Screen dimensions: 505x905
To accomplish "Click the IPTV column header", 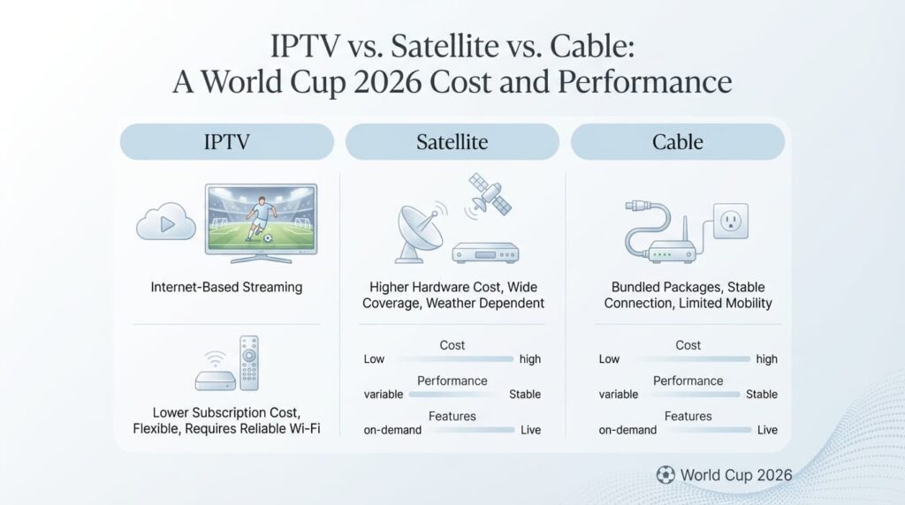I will [226, 142].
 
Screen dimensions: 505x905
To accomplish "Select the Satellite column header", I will [452, 142].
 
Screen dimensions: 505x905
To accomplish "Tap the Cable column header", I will [678, 142].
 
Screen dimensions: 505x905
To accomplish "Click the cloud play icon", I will [165, 222].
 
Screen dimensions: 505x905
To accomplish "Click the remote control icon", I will [249, 362].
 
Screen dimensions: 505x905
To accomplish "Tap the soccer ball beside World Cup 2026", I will [665, 475].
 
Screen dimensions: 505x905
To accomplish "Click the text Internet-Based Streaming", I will [226, 287].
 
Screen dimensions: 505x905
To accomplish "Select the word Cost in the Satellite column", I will [452, 345].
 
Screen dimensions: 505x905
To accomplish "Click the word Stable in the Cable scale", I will [762, 395].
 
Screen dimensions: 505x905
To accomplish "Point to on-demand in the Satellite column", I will [392, 430].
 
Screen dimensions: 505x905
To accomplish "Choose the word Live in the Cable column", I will [767, 430].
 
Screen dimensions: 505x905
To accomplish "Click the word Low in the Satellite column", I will [374, 359].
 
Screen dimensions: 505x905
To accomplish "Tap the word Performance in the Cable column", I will [688, 381].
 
